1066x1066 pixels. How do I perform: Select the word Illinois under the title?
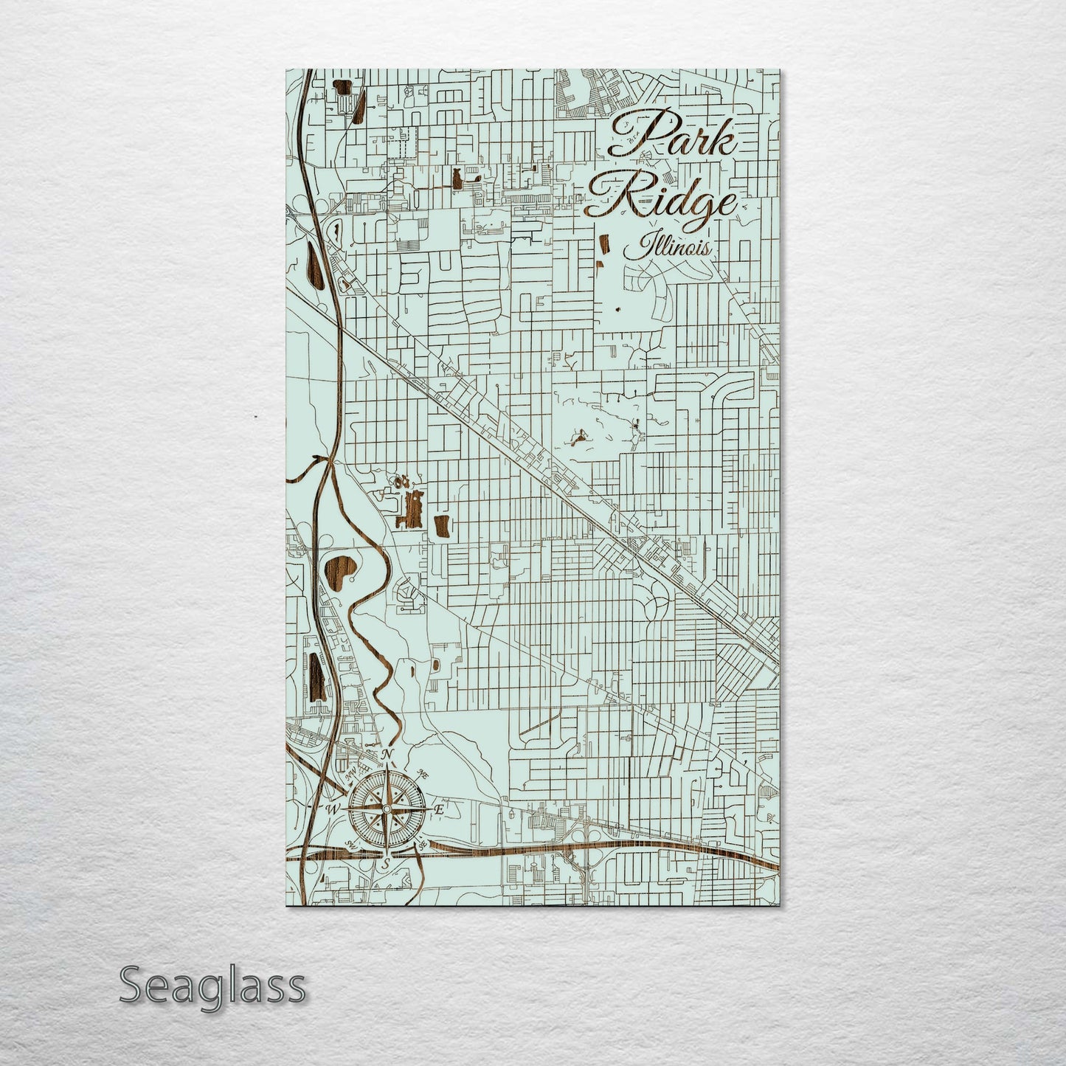(668, 246)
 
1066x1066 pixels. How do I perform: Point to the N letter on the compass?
(385, 754)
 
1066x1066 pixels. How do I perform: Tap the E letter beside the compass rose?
(437, 809)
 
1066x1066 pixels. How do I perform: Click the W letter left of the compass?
(331, 809)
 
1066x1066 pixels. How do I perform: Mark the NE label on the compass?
(423, 772)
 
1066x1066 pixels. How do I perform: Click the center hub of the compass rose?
(385, 809)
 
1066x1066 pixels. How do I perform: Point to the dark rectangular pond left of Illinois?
(603, 245)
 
